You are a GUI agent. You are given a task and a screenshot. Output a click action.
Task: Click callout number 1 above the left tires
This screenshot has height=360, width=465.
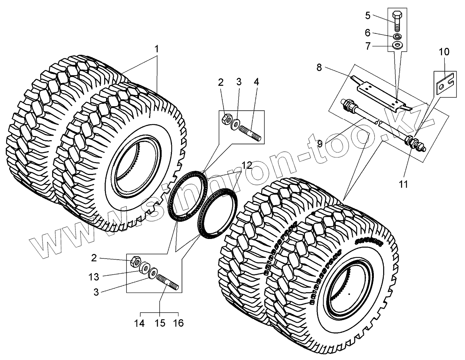click(156, 49)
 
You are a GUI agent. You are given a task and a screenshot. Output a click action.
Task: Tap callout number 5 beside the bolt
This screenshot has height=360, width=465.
click(368, 16)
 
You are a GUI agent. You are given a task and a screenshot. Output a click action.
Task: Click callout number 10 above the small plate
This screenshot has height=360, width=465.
click(444, 52)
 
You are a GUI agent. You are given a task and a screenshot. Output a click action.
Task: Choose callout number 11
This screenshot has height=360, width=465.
click(403, 184)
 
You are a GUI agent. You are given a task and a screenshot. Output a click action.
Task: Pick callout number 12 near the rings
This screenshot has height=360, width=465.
click(247, 165)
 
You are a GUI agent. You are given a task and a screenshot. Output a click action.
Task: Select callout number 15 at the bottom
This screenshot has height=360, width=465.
click(159, 324)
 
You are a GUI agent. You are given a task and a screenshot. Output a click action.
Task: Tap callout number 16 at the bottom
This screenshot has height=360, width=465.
click(178, 324)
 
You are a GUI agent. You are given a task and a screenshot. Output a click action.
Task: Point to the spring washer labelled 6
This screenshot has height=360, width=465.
click(398, 36)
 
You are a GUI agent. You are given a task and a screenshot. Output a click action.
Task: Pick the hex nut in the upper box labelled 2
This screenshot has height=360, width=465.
click(226, 119)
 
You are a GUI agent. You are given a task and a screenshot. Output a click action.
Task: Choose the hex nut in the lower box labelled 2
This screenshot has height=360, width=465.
click(134, 262)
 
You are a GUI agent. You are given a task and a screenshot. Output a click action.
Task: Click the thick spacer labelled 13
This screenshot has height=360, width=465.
click(145, 268)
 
